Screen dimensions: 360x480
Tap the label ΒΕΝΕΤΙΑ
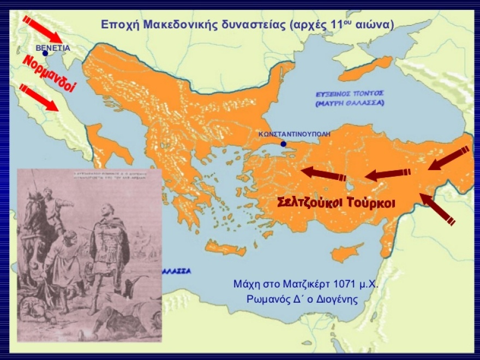52,48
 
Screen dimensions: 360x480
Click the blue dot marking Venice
45,53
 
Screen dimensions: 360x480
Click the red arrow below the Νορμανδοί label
38,97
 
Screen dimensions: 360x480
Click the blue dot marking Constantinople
283,144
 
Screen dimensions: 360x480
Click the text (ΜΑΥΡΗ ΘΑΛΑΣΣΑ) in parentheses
350,103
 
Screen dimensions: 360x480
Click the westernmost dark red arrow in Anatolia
324,173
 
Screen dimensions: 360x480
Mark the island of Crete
226,250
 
